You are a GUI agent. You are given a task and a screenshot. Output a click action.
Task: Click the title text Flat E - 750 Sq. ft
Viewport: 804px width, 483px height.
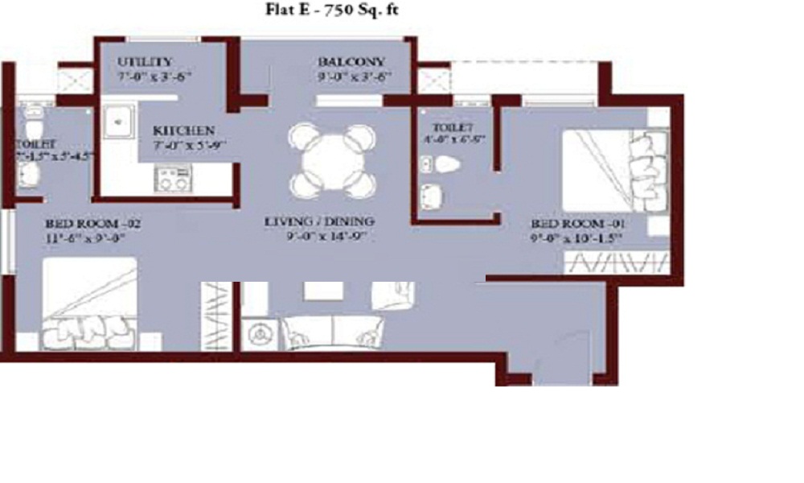(332, 10)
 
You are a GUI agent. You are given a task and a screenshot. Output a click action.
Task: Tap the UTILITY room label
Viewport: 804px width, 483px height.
(146, 62)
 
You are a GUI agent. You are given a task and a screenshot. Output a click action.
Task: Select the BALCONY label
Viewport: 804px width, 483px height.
(351, 62)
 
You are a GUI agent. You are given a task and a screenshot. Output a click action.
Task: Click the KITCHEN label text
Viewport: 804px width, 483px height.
(183, 130)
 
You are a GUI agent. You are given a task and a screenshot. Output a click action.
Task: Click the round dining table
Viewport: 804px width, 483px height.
(333, 161)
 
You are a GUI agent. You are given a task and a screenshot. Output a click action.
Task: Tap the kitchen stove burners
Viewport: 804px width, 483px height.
(173, 178)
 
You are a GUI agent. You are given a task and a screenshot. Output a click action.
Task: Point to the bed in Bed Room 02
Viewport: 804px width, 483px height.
(88, 304)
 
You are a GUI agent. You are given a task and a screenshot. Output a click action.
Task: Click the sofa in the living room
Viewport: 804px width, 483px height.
(332, 330)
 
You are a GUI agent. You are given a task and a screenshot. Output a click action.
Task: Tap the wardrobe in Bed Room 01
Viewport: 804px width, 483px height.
(617, 262)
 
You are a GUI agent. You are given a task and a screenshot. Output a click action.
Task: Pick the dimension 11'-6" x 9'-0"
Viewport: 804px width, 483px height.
(87, 237)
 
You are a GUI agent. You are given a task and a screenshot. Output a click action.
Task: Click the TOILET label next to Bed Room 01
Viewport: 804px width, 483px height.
(452, 128)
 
